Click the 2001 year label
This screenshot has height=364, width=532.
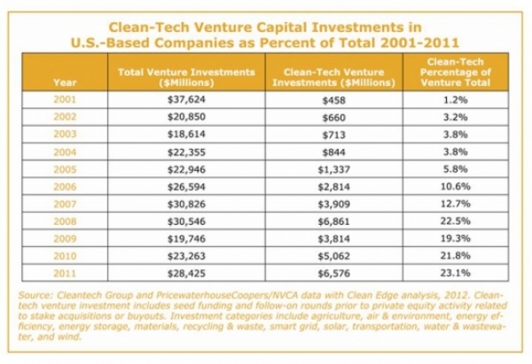pyautogui.click(x=65, y=100)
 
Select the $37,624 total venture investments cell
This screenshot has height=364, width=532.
pyautogui.click(x=186, y=100)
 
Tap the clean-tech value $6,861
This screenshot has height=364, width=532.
pyautogui.click(x=334, y=221)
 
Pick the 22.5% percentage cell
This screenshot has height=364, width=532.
pyautogui.click(x=456, y=221)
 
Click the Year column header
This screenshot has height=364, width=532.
pyautogui.click(x=65, y=82)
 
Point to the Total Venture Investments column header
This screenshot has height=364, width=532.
pyautogui.click(x=186, y=77)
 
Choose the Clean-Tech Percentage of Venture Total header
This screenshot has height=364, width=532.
pyautogui.click(x=456, y=73)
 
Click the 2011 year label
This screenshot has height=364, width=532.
pyautogui.click(x=65, y=273)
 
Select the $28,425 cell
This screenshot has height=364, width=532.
pyautogui.click(x=186, y=273)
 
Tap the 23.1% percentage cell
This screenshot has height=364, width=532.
pyautogui.click(x=456, y=273)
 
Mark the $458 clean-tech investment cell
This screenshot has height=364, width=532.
pyautogui.click(x=334, y=100)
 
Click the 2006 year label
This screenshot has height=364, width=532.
pyautogui.click(x=65, y=187)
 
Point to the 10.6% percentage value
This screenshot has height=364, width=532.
pyautogui.click(x=456, y=186)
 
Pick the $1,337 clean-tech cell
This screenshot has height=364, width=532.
pyautogui.click(x=334, y=169)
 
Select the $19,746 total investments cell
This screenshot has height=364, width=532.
pyautogui.click(x=186, y=238)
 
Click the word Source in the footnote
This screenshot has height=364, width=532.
pyautogui.click(x=33, y=295)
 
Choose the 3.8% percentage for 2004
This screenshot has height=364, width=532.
pyautogui.click(x=456, y=151)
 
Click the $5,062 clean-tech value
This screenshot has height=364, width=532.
pyautogui.click(x=334, y=256)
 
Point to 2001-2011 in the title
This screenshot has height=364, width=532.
pyautogui.click(x=419, y=43)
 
